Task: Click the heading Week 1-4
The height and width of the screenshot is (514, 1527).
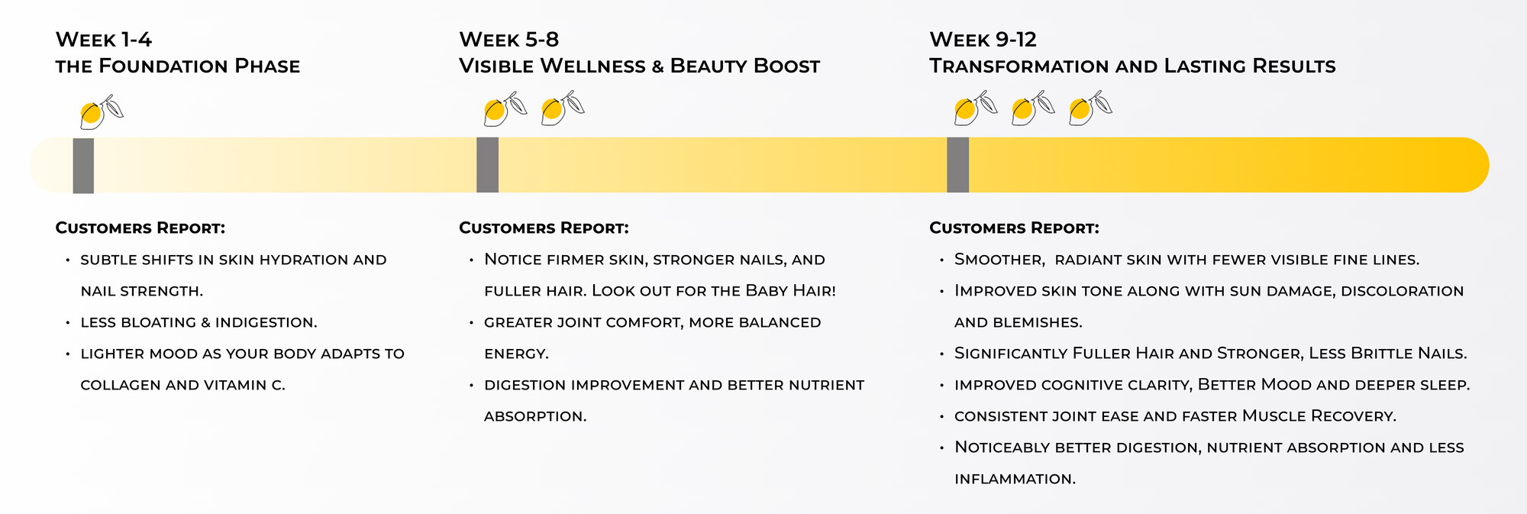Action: click(103, 40)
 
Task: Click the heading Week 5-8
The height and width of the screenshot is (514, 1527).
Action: click(508, 40)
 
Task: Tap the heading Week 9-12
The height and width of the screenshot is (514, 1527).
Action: click(983, 40)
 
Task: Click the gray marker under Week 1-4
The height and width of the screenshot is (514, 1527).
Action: click(83, 166)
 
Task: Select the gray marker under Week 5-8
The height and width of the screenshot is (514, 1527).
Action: click(487, 165)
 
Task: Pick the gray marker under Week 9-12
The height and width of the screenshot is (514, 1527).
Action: click(957, 165)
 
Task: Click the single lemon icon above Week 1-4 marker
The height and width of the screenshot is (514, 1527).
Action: click(101, 112)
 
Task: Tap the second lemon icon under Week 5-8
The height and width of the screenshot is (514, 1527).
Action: click(563, 108)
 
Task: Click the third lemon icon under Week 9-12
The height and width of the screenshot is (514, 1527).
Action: click(1090, 108)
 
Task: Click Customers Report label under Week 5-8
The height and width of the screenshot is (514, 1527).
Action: click(544, 228)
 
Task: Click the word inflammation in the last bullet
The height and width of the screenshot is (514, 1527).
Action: click(1015, 479)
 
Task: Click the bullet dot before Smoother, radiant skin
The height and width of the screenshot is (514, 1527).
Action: click(942, 260)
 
